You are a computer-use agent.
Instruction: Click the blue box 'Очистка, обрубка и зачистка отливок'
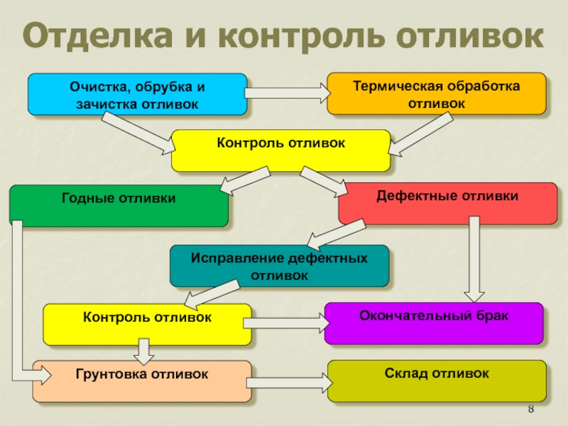click(x=137, y=94)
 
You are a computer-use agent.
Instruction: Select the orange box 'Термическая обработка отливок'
click(x=437, y=94)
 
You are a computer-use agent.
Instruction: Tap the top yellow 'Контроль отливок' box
click(x=280, y=151)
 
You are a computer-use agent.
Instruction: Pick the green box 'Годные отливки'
click(x=119, y=206)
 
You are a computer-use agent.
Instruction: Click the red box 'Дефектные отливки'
click(x=447, y=203)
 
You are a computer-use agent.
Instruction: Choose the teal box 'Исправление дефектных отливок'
click(x=279, y=266)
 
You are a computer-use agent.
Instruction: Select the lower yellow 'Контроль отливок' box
click(x=147, y=324)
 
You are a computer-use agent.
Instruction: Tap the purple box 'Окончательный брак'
click(x=434, y=323)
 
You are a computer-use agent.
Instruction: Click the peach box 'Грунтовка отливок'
click(x=142, y=381)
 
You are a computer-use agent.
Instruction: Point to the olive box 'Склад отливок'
click(x=437, y=381)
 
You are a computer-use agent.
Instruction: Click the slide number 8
click(x=532, y=412)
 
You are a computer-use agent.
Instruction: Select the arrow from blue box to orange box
click(x=288, y=92)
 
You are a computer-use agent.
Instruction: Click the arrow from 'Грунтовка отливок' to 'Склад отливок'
click(x=290, y=381)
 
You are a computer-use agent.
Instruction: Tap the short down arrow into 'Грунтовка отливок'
click(x=144, y=349)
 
